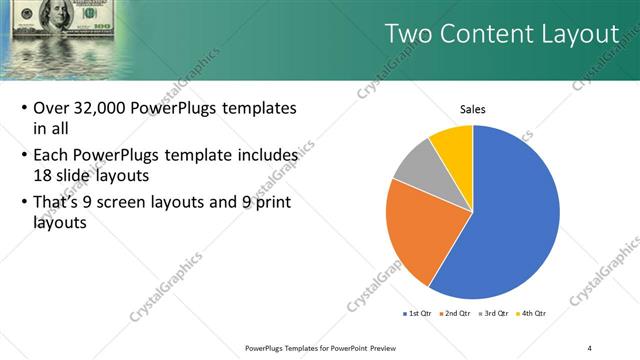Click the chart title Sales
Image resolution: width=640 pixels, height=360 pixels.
pos(472,109)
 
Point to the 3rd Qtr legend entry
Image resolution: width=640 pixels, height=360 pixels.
pos(495,313)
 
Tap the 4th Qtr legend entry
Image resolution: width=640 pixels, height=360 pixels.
pos(533,313)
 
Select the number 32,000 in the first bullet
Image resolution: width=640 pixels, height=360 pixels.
pos(109,108)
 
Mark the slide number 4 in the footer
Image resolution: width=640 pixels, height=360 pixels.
pos(589,347)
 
